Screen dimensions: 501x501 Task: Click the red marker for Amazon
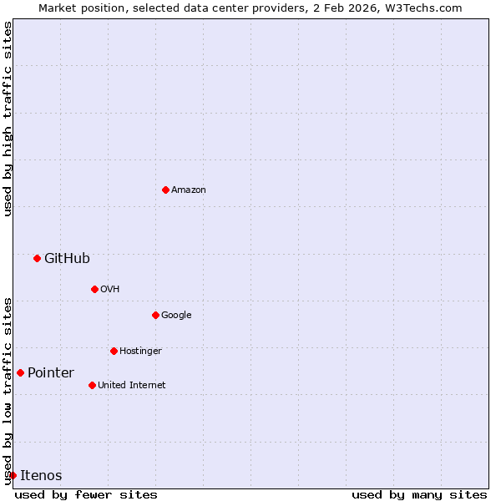click(x=165, y=190)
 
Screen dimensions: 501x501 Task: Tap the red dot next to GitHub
click(x=37, y=258)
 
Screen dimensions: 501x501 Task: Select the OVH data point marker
click(x=94, y=289)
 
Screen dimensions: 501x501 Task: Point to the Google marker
click(x=155, y=315)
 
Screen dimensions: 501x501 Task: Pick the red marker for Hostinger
click(x=114, y=351)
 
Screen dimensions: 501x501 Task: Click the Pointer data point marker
click(x=20, y=372)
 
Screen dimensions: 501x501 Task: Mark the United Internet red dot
click(x=92, y=385)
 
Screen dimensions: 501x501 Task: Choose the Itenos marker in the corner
click(x=13, y=475)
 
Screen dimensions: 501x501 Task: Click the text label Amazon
click(x=189, y=190)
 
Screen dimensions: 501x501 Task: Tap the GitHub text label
click(x=67, y=258)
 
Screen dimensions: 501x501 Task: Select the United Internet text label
click(x=131, y=385)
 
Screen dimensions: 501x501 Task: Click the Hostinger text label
click(x=140, y=351)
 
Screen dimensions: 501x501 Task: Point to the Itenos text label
click(x=41, y=475)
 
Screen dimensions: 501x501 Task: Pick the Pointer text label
click(x=51, y=372)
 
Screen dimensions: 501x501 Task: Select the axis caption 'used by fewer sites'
click(x=86, y=494)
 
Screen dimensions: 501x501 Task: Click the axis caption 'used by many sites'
click(x=419, y=494)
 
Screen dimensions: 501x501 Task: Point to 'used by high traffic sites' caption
click(x=8, y=119)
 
